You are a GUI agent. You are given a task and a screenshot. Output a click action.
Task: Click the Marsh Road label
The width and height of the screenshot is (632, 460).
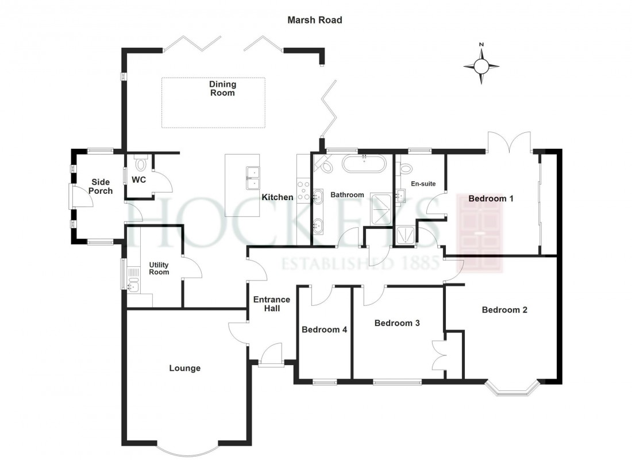315,20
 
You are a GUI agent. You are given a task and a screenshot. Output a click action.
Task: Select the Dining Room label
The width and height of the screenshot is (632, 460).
222,89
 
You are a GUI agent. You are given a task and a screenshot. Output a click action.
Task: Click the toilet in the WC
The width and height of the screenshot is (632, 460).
141,164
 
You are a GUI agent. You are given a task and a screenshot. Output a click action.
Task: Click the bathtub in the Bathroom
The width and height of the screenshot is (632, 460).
366,164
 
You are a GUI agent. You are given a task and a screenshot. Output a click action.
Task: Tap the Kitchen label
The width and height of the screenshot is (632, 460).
278,197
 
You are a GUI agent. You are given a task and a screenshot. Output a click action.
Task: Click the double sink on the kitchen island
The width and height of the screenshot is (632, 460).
252,178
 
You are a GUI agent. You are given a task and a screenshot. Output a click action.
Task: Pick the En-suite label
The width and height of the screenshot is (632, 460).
423,184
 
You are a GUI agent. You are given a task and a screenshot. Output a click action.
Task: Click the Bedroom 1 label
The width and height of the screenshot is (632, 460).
491,199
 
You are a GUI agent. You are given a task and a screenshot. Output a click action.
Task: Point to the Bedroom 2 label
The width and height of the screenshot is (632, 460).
504,310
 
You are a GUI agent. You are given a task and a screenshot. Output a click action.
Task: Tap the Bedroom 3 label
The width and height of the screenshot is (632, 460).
397,323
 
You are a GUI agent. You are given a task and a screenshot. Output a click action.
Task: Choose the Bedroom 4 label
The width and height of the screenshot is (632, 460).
325,329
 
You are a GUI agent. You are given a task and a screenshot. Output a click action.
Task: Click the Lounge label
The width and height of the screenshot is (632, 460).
184,368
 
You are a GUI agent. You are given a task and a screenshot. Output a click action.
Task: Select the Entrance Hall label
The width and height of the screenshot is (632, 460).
272,304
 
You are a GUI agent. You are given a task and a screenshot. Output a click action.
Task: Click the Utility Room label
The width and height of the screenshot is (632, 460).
159,269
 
